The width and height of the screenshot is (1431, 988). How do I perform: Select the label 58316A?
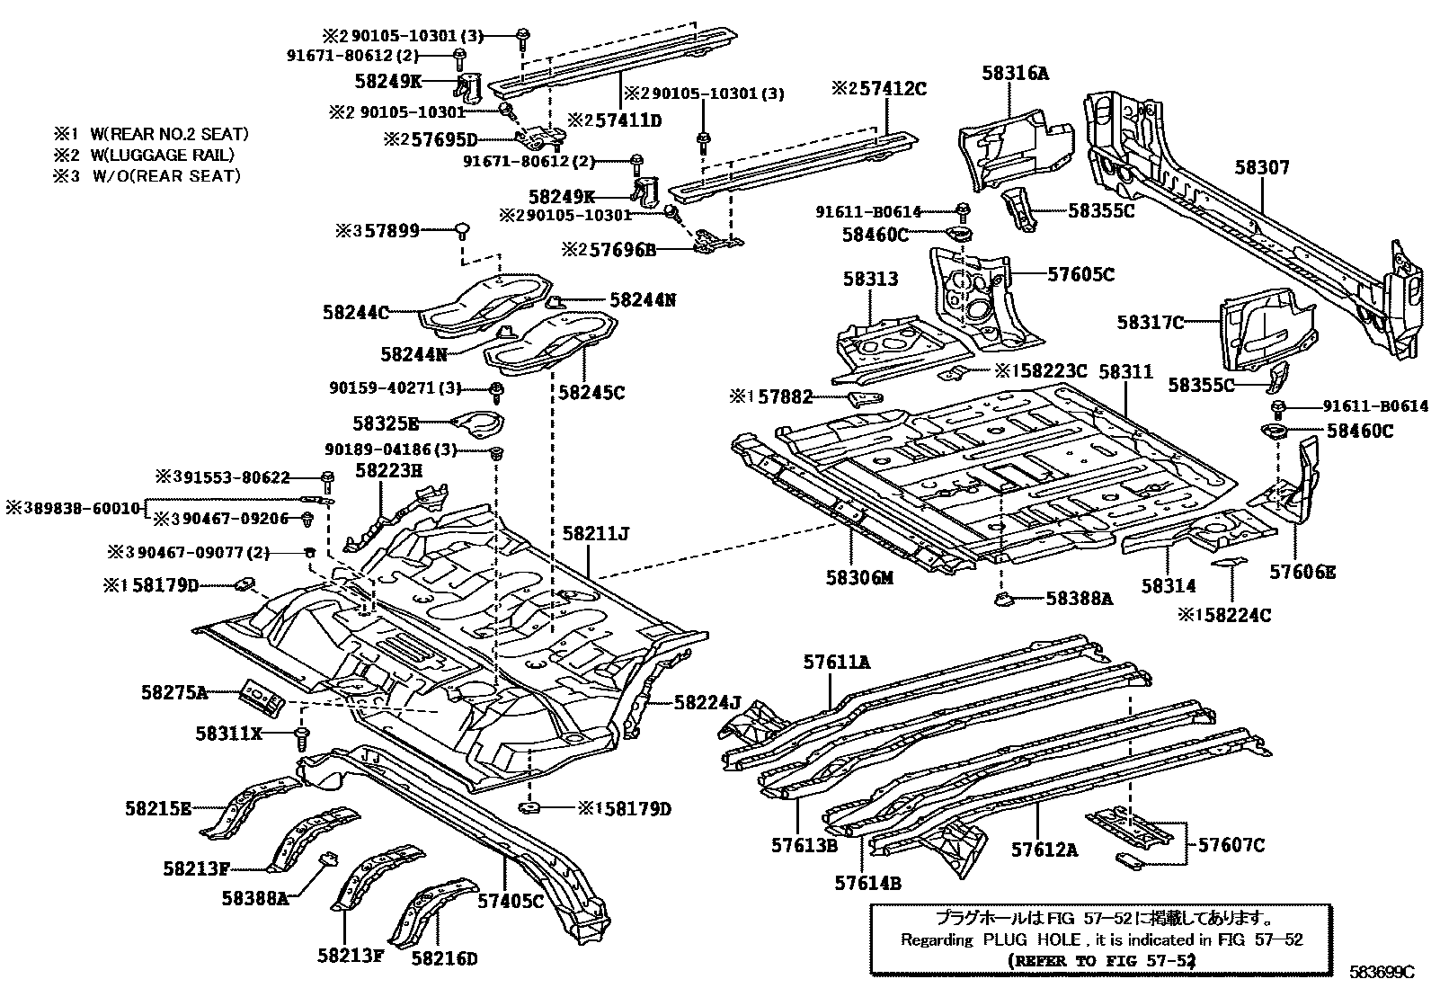(x=1015, y=74)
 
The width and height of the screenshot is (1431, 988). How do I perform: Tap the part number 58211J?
(x=595, y=533)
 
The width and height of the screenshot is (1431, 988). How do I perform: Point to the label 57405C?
(x=511, y=901)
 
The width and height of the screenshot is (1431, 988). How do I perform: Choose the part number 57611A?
(x=836, y=663)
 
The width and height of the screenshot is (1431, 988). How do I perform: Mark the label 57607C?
(x=1231, y=845)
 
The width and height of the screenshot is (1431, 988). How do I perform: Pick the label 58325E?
(x=387, y=423)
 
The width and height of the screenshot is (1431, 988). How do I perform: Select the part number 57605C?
(x=1081, y=274)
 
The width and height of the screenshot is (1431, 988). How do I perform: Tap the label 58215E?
(x=158, y=808)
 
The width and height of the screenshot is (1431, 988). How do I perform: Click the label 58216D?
(x=444, y=958)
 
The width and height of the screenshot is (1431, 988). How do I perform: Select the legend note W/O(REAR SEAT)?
(x=166, y=175)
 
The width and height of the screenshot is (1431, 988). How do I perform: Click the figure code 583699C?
(x=1382, y=972)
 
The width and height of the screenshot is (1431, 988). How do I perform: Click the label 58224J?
(x=707, y=702)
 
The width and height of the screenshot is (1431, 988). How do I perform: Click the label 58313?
(x=870, y=280)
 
